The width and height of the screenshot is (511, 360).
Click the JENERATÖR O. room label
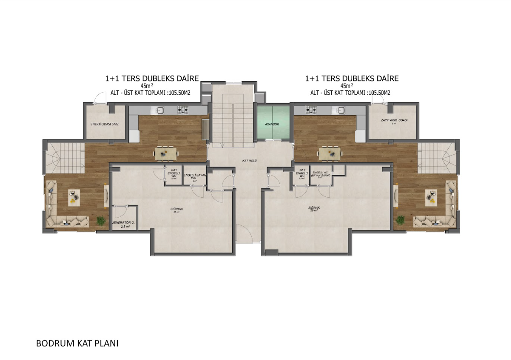[x=124, y=224]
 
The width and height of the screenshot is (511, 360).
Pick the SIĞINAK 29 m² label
[x=314, y=209]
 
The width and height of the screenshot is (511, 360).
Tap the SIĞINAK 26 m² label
[x=176, y=210]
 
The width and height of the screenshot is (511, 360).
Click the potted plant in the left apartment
[x=101, y=221]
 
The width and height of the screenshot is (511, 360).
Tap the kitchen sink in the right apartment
[x=341, y=110]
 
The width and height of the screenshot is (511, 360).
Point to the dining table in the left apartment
[x=166, y=153]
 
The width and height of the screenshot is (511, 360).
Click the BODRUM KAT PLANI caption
[x=77, y=344]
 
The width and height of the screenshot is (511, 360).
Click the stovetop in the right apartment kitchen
[x=311, y=110]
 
